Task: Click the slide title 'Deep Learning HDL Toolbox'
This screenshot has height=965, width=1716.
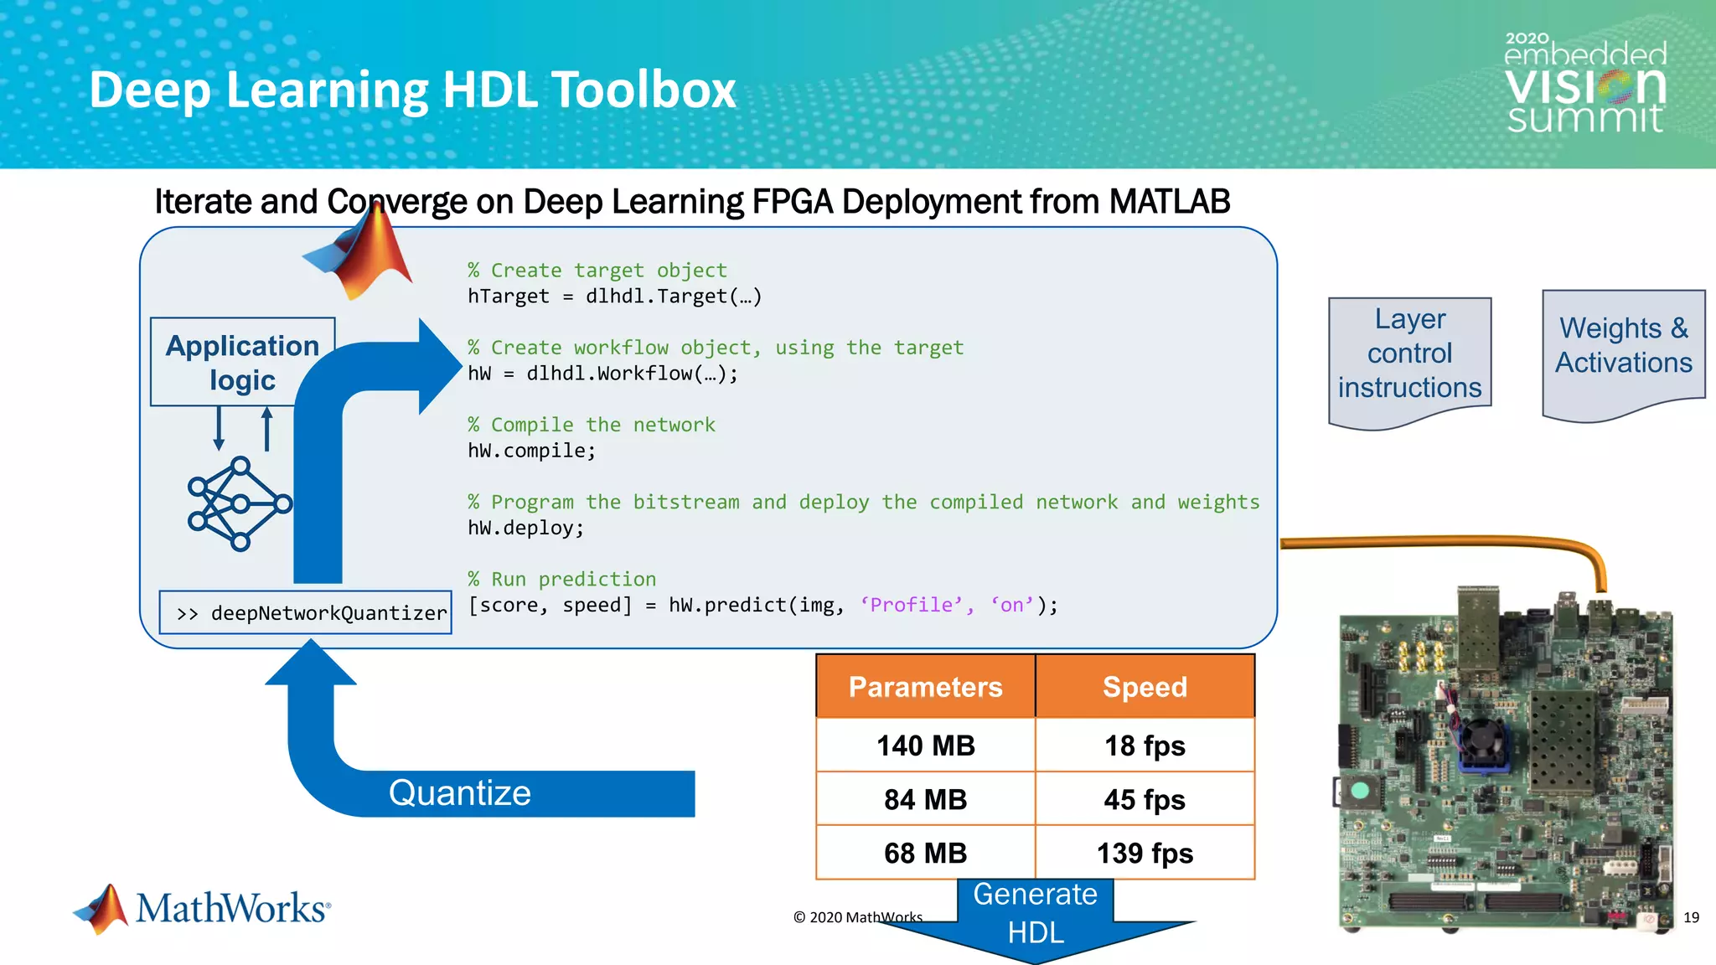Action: coord(412,90)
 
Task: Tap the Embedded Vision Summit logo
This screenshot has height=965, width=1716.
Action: coord(1585,84)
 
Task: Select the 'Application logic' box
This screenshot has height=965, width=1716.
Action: coord(242,362)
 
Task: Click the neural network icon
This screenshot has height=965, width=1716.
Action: coord(240,503)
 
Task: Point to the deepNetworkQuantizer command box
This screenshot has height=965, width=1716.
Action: coord(306,612)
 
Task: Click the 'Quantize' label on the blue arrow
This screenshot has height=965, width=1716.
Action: coord(459,792)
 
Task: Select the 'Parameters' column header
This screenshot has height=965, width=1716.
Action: coord(925,687)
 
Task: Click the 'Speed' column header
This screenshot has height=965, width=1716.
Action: coord(1145,687)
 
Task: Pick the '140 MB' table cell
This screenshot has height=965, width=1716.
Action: coord(925,746)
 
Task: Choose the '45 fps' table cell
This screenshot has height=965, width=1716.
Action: coord(1145,799)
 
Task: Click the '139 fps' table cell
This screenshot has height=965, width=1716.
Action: coord(1145,853)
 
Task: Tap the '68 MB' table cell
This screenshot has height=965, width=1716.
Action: coord(925,853)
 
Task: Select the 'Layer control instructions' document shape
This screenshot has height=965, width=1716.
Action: coord(1409,355)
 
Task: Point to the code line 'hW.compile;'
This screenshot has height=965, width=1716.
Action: coord(531,451)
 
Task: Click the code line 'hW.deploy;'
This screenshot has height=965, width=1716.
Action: coord(525,528)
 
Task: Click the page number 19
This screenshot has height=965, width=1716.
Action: coord(1691,917)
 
